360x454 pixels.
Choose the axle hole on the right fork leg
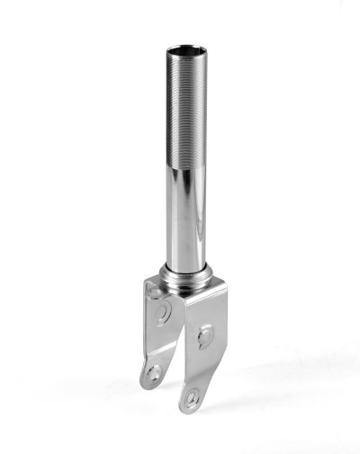click(192, 396)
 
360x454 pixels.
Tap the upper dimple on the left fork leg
click(163, 312)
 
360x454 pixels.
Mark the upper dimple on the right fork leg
click(206, 336)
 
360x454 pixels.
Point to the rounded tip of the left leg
click(148, 383)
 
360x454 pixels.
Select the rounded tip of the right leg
click(188, 407)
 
